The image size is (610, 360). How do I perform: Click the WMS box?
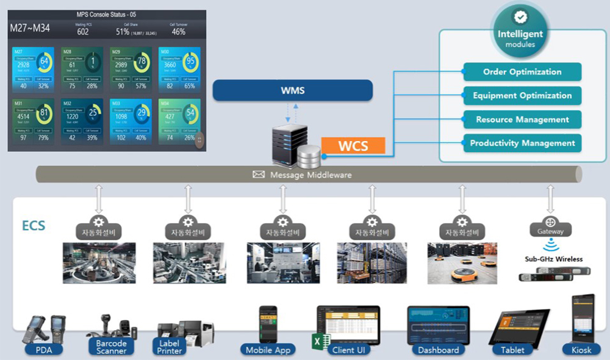tap(292, 91)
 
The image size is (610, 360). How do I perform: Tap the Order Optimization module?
tap(522, 72)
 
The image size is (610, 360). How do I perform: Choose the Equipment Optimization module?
tap(522, 96)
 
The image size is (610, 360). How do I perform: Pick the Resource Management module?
tap(522, 120)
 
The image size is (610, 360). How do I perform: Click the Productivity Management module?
tap(522, 143)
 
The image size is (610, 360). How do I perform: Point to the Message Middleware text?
tap(310, 175)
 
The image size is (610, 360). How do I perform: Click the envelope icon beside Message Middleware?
tap(259, 175)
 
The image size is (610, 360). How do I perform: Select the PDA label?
tap(44, 350)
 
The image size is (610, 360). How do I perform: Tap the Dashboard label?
tap(438, 350)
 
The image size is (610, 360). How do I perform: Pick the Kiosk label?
tap(582, 350)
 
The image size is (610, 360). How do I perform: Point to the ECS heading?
tap(34, 226)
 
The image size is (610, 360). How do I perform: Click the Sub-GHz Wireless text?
tap(554, 259)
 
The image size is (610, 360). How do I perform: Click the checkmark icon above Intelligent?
tap(520, 17)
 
